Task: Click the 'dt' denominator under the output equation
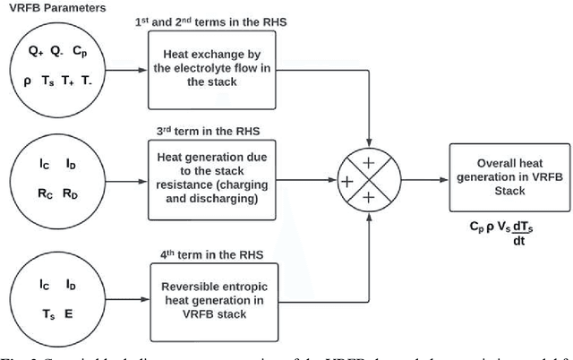[x=517, y=239]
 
